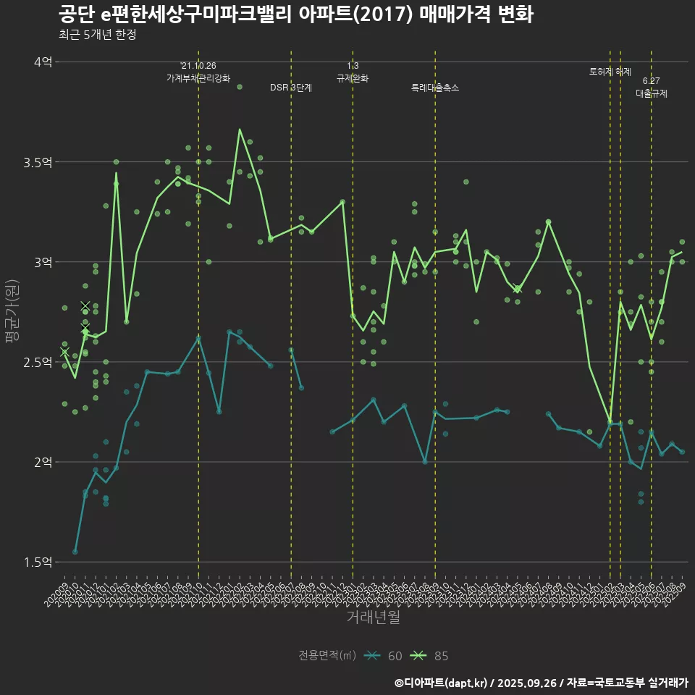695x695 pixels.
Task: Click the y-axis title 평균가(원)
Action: point(12,312)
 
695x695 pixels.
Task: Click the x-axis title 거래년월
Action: point(373,618)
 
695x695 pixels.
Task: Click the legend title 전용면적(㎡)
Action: point(327,656)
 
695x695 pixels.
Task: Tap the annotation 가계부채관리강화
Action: point(198,78)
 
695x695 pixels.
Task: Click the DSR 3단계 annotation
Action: point(291,88)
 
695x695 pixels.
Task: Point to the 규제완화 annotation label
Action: point(353,78)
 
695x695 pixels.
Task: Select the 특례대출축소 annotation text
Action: point(435,88)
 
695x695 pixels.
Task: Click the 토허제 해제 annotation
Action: point(610,72)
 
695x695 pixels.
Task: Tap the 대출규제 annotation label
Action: point(652,93)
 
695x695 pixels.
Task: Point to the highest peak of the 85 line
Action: point(240,130)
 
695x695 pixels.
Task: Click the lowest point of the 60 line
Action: point(75,552)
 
